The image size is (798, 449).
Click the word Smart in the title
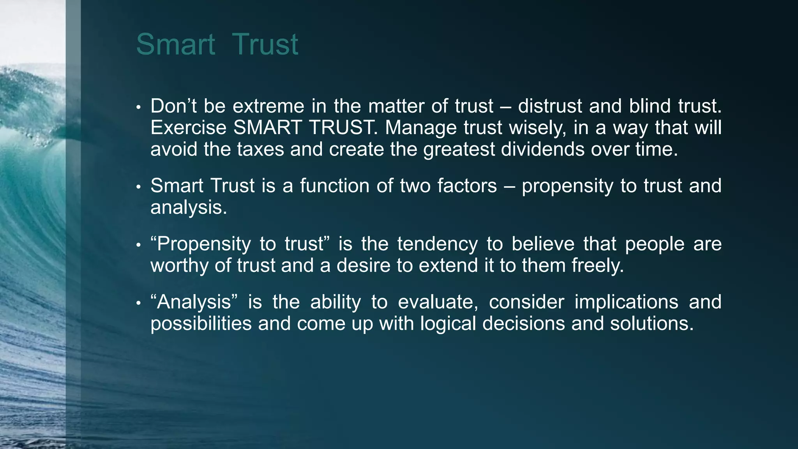[x=175, y=44]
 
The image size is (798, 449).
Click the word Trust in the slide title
[x=265, y=44]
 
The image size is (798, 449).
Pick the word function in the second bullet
[x=335, y=186]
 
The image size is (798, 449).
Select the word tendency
[x=437, y=244]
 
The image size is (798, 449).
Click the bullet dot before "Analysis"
[x=138, y=303]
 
